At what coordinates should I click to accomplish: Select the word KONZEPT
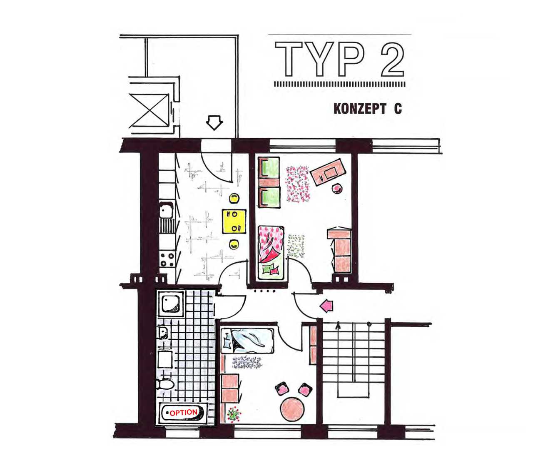pyautogui.click(x=360, y=109)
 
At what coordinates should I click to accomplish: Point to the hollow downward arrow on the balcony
pyautogui.click(x=214, y=122)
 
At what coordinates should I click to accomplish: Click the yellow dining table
pyautogui.click(x=234, y=221)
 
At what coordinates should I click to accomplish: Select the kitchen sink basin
pyautogui.click(x=166, y=210)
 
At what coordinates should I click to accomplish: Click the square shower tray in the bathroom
pyautogui.click(x=170, y=304)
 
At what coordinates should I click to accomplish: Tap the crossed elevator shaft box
pyautogui.click(x=149, y=110)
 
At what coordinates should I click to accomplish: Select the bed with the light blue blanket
pyautogui.click(x=247, y=341)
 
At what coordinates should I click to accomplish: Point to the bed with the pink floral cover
pyautogui.click(x=271, y=253)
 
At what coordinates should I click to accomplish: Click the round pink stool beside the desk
pyautogui.click(x=337, y=188)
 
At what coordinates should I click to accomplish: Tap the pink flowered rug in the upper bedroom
pyautogui.click(x=297, y=184)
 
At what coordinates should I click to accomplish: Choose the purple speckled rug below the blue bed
pyautogui.click(x=247, y=362)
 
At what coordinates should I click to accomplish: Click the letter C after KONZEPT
pyautogui.click(x=398, y=109)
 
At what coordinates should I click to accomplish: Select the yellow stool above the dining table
pyautogui.click(x=234, y=199)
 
